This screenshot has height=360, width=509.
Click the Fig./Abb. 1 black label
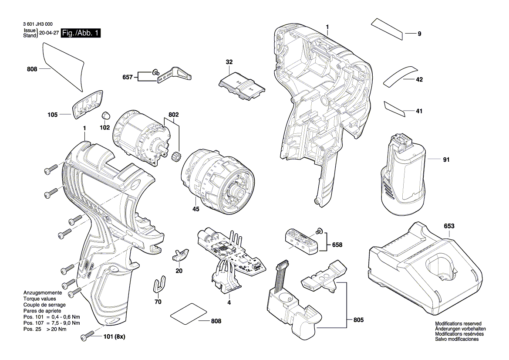click(81, 33)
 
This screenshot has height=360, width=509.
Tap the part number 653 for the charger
click(449, 226)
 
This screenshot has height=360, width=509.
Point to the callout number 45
click(196, 209)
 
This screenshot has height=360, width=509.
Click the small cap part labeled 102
click(105, 115)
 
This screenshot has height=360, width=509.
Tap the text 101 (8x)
click(114, 337)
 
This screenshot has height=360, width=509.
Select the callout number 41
click(419, 112)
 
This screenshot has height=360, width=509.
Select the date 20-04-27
click(48, 33)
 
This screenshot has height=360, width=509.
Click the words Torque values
click(39, 299)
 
